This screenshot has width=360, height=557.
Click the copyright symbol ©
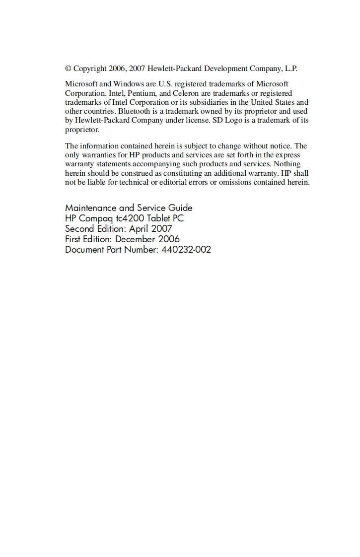(x=68, y=69)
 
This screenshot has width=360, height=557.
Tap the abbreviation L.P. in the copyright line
(x=290, y=69)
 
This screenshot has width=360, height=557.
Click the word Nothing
(x=287, y=164)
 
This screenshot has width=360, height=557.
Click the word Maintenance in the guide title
(x=91, y=208)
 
